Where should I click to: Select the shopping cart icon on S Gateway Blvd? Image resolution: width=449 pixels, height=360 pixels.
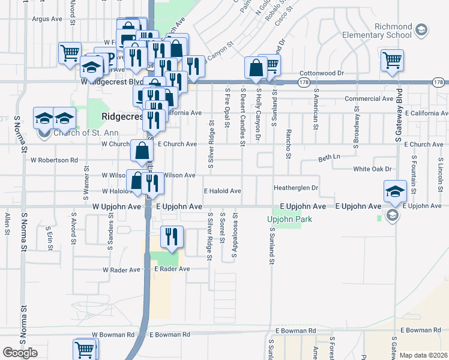pyautogui.click(x=392, y=59)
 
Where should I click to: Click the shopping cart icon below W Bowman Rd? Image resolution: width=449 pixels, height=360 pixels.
pyautogui.click(x=84, y=349)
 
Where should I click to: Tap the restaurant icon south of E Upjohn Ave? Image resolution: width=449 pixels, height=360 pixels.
pyautogui.click(x=172, y=236)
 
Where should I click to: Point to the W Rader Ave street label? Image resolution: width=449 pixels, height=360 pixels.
pyautogui.click(x=121, y=270)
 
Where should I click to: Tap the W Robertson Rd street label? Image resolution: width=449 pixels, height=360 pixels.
pyautogui.click(x=55, y=160)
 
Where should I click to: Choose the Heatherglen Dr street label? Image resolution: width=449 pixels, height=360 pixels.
pyautogui.click(x=295, y=188)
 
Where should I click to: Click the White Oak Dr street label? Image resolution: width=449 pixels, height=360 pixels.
pyautogui.click(x=372, y=169)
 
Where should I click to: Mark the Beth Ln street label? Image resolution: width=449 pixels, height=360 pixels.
pyautogui.click(x=329, y=157)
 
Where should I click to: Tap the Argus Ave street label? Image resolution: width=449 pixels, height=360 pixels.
pyautogui.click(x=47, y=19)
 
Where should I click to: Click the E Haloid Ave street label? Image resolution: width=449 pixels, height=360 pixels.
pyautogui.click(x=222, y=191)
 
